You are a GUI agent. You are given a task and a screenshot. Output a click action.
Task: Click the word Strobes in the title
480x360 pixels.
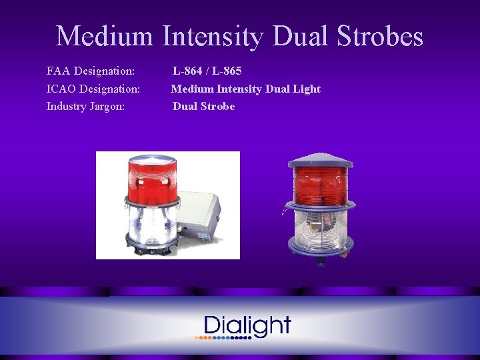(x=383, y=36)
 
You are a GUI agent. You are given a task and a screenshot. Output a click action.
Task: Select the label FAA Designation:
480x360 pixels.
(x=91, y=71)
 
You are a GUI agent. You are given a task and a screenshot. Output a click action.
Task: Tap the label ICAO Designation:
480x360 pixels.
(x=93, y=89)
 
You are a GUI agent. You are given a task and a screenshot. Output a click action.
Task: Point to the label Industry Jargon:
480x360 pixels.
(x=85, y=106)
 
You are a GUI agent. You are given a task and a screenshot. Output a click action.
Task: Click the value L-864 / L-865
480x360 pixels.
(x=207, y=71)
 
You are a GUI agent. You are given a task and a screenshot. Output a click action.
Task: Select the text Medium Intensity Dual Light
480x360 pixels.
(x=246, y=89)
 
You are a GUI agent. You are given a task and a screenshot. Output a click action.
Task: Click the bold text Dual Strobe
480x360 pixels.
(x=203, y=106)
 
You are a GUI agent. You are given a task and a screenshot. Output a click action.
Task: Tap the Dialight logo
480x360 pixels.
(x=247, y=325)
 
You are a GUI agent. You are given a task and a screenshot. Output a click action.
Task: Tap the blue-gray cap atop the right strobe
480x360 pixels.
(x=321, y=161)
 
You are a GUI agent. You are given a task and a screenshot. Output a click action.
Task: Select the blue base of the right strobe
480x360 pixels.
(x=321, y=252)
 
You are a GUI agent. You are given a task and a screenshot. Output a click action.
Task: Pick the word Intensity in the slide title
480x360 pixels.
(x=211, y=36)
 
